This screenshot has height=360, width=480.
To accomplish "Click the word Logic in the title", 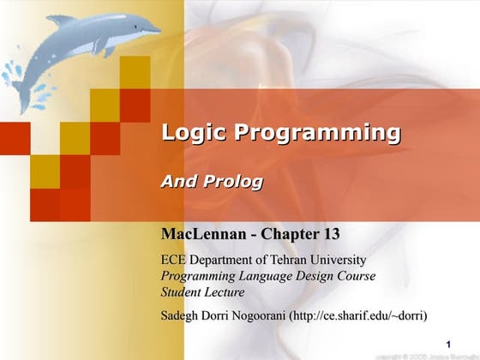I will pos(195,134).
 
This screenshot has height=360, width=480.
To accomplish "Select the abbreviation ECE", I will pos(176,260).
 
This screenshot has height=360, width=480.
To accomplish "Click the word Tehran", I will pos(288,260).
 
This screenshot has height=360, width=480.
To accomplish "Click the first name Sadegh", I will pos(182,315).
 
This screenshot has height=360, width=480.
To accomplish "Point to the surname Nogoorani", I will pos(260,315).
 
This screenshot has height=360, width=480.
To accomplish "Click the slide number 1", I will pos(448,344).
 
